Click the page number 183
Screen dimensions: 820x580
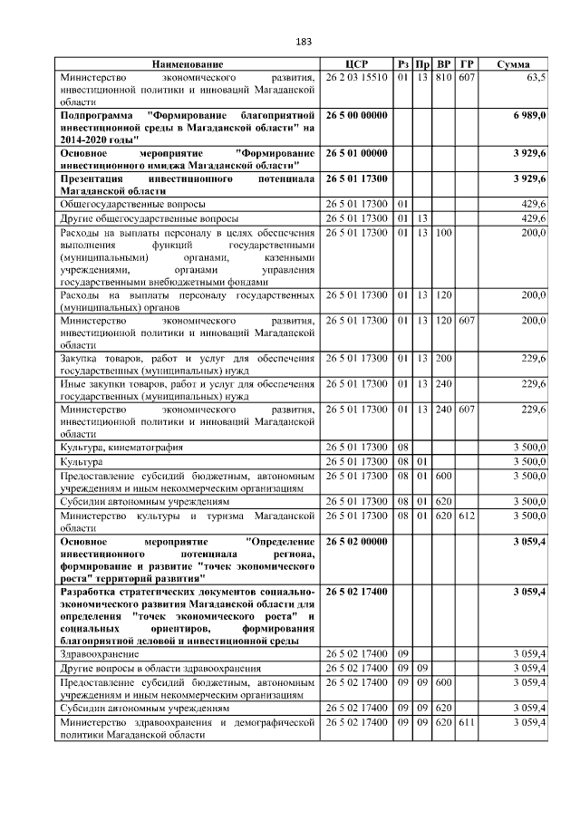[304, 42]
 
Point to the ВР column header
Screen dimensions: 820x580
[443, 64]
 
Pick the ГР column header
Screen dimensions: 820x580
[467, 64]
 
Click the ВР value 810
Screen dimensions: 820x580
[443, 79]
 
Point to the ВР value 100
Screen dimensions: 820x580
[443, 233]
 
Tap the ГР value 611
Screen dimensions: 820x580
[467, 723]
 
